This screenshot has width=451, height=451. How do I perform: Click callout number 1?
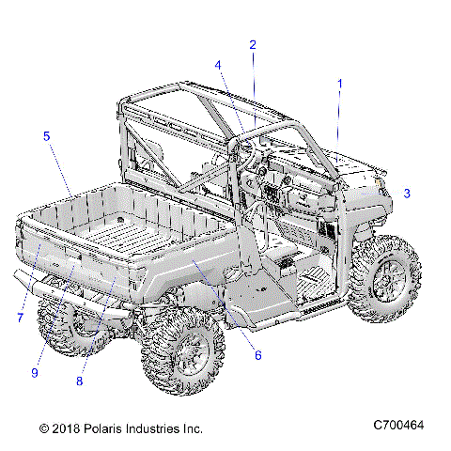pyautogui.click(x=340, y=84)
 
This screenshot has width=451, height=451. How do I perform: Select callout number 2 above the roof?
pyautogui.click(x=252, y=44)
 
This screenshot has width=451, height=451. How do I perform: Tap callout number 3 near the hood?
pyautogui.click(x=406, y=194)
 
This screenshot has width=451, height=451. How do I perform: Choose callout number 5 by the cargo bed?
pyautogui.click(x=46, y=136)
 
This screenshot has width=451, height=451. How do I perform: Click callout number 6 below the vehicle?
pyautogui.click(x=258, y=354)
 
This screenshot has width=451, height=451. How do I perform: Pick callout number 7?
pyautogui.click(x=19, y=319)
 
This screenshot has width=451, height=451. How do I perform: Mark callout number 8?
pyautogui.click(x=80, y=381)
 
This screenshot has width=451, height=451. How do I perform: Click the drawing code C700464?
pyautogui.click(x=398, y=428)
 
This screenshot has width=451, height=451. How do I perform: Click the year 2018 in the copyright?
pyautogui.click(x=63, y=428)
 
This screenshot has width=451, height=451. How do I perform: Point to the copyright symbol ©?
pyautogui.click(x=43, y=428)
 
